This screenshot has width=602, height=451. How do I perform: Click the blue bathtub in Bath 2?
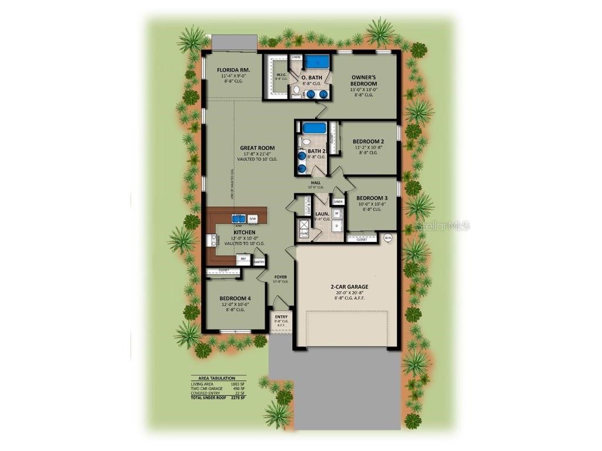(314, 128)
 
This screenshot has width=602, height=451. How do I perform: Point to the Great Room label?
(257, 148)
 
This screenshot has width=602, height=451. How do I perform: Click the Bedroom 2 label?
(369, 142)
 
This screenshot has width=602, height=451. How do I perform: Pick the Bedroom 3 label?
(372, 197)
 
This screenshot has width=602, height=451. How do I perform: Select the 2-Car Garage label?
(349, 287)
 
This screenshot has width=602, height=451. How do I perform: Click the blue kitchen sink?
(239, 218)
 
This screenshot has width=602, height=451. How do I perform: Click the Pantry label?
(259, 262)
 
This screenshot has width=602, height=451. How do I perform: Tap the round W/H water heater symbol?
(388, 238)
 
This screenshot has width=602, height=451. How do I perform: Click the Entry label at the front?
(281, 317)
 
